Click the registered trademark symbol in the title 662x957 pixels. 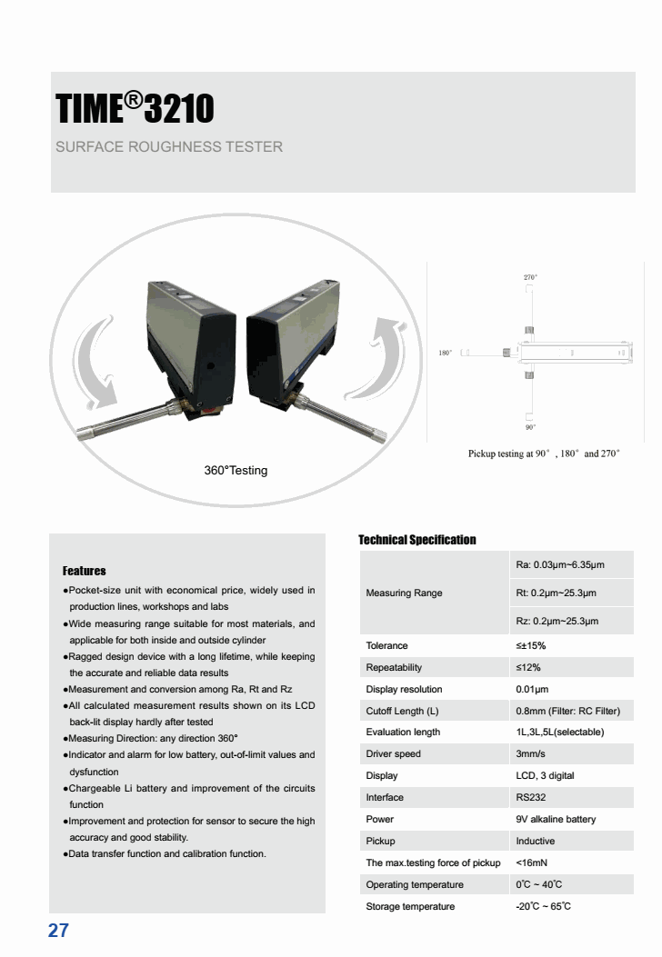pyautogui.click(x=132, y=98)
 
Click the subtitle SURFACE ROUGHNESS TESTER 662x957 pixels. pyautogui.click(x=169, y=146)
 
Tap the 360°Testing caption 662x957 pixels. pyautogui.click(x=236, y=471)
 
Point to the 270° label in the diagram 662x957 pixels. pyautogui.click(x=530, y=276)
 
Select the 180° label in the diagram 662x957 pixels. pyautogui.click(x=446, y=353)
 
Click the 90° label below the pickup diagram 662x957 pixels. pyautogui.click(x=530, y=426)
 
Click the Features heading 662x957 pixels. pyautogui.click(x=84, y=572)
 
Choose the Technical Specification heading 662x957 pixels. pyautogui.click(x=416, y=540)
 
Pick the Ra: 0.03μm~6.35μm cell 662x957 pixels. pyautogui.click(x=559, y=565)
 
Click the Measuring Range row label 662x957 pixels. pyautogui.click(x=404, y=593)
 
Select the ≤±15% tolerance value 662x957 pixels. pyautogui.click(x=530, y=645)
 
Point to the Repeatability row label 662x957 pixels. pyautogui.click(x=394, y=667)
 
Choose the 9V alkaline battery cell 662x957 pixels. pyautogui.click(x=556, y=819)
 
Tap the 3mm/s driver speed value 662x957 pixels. pyautogui.click(x=532, y=753)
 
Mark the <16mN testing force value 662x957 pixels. pyautogui.click(x=531, y=862)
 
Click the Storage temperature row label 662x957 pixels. pyautogui.click(x=410, y=906)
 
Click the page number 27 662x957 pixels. pyautogui.click(x=58, y=931)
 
